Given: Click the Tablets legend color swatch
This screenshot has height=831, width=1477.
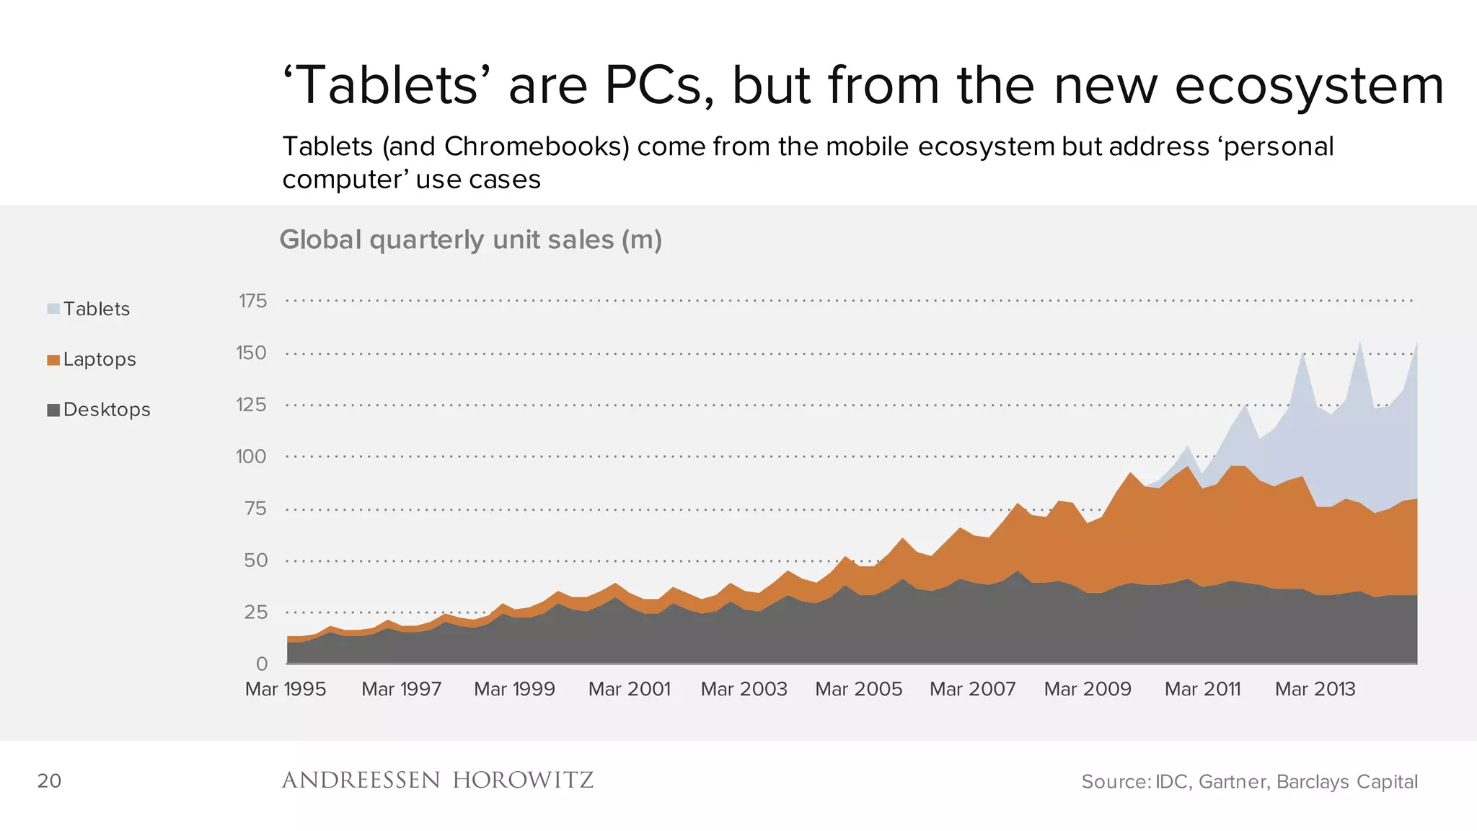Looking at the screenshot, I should pos(53,309).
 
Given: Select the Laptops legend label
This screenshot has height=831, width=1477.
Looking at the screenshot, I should pos(100,359).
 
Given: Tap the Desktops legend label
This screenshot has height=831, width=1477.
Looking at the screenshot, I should pos(107,410).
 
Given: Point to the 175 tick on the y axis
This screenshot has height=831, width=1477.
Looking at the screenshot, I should pos(252,301).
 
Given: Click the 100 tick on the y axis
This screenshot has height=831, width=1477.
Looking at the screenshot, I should pos(251,457).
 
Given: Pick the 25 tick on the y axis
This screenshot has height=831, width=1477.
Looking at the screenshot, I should pos(255,612).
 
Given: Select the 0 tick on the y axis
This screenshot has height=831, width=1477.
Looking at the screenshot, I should pos(261,664).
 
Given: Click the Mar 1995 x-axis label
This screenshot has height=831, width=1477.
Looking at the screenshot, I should pos(286,689).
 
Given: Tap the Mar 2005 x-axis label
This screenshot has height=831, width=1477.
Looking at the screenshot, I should pos(858,689).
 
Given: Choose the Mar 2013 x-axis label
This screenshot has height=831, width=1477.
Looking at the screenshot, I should pos(1315,689).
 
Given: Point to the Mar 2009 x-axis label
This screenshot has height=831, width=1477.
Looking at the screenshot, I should pos(1088,689).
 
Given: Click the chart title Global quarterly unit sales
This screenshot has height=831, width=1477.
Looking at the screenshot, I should pos(470,239).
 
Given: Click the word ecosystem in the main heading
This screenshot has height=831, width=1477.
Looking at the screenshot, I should pos(1309,85).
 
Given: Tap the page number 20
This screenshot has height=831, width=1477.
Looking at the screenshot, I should pos(49,781).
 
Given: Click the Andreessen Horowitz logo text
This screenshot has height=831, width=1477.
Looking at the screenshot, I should pos(437,780).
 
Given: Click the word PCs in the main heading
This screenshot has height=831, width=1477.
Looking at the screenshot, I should pos(659,85).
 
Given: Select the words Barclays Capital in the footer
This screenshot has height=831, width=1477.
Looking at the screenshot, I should pos(1346,781).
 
